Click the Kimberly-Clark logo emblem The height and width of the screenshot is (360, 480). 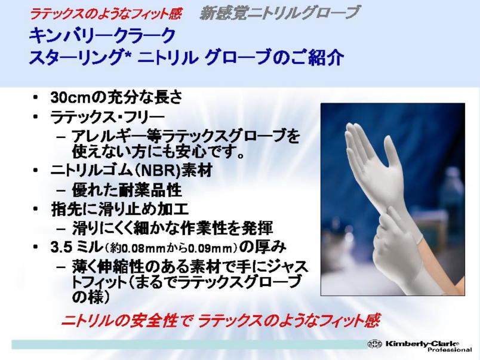[x=375, y=344]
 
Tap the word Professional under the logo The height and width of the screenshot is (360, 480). [x=450, y=350]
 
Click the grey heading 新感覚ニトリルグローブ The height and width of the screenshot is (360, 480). [x=278, y=13]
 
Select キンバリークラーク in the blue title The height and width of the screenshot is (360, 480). [x=102, y=35]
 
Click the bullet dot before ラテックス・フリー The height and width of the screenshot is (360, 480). [x=36, y=116]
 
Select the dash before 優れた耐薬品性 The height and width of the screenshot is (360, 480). [x=61, y=190]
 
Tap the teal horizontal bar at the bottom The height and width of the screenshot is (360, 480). [x=190, y=344]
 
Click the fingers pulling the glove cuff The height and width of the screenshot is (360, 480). [x=395, y=217]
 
